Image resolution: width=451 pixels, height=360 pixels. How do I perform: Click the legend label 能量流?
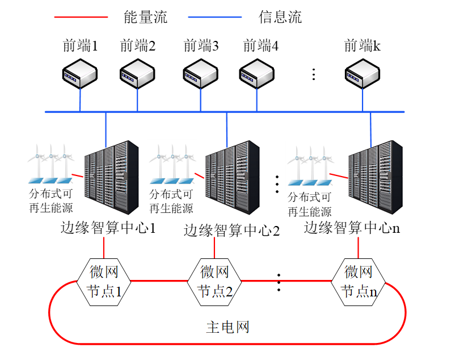click(x=145, y=17)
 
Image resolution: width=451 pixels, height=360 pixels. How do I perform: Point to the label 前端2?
click(x=138, y=46)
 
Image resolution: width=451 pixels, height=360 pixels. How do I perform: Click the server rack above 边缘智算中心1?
click(x=111, y=177)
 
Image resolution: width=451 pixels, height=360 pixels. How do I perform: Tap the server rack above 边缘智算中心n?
click(x=375, y=177)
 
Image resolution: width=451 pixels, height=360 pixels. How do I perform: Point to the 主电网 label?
click(x=227, y=327)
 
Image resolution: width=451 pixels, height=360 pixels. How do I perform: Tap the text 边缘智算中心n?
click(x=352, y=228)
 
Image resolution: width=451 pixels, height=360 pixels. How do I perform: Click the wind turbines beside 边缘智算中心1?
click(x=52, y=159)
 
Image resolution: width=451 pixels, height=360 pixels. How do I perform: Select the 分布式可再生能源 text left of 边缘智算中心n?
click(x=309, y=204)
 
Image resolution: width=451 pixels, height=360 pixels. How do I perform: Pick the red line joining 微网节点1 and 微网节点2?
click(x=159, y=281)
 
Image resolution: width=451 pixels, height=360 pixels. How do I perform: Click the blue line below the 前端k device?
click(x=363, y=101)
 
